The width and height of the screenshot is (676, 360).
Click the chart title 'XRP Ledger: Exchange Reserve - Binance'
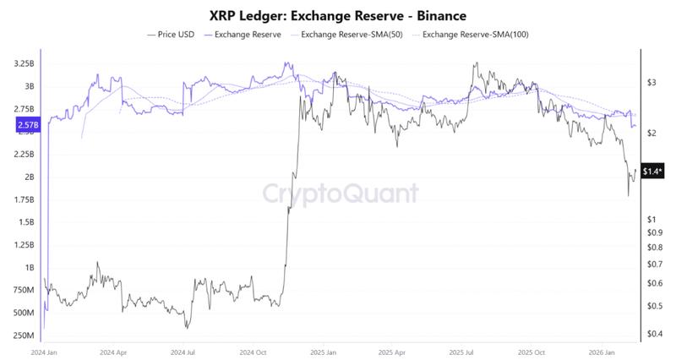[338, 15]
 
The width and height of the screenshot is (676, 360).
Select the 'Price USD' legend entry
[172, 35]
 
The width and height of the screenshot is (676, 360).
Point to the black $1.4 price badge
[652, 172]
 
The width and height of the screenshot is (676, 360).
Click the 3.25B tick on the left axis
[25, 63]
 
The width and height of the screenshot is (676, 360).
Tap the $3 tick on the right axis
[651, 83]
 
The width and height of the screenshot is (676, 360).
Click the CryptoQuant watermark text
[338, 194]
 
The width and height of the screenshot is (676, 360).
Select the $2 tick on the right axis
[651, 134]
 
